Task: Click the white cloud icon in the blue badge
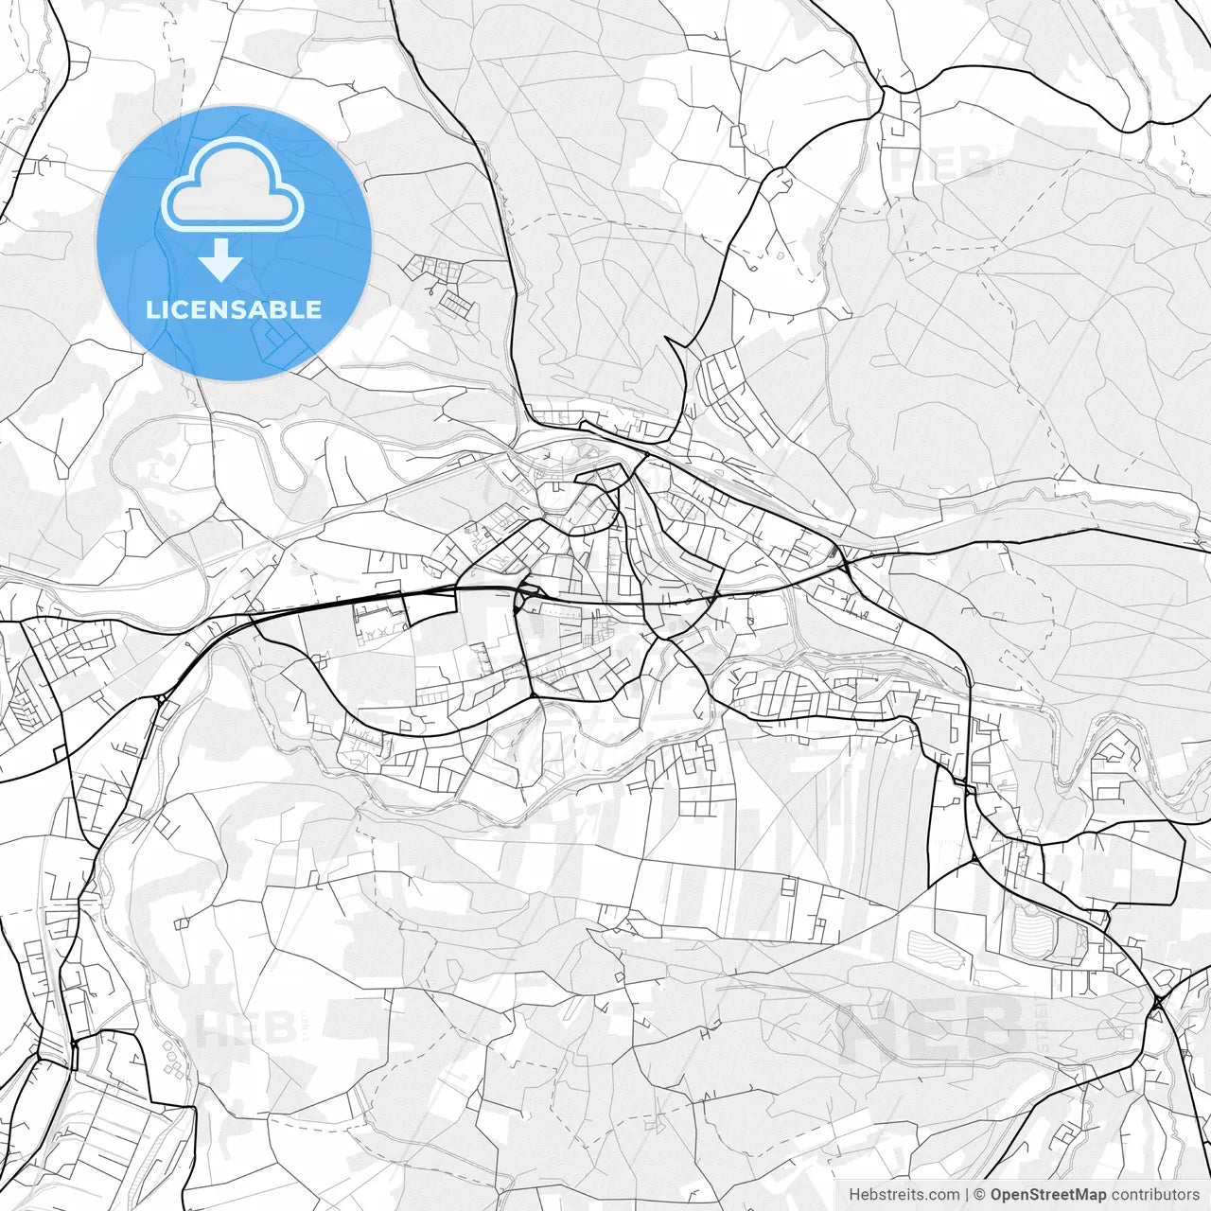pyautogui.click(x=233, y=186)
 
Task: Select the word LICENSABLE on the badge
pyautogui.click(x=234, y=309)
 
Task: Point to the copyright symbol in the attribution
pyautogui.click(x=980, y=1195)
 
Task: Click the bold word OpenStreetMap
pyautogui.click(x=1047, y=1195)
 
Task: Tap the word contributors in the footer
pyautogui.click(x=1155, y=1195)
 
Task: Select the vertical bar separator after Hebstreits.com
pyautogui.click(x=967, y=1195)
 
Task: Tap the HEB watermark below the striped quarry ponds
pyautogui.click(x=932, y=1027)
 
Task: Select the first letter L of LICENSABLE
pyautogui.click(x=152, y=309)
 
